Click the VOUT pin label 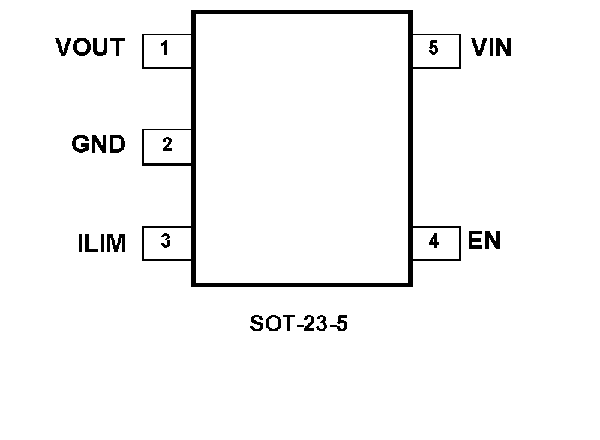pyautogui.click(x=90, y=47)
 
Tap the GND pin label pyautogui.click(x=98, y=145)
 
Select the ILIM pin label pyautogui.click(x=102, y=245)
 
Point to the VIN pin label pyautogui.click(x=491, y=47)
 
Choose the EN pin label pyautogui.click(x=484, y=240)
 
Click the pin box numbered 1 pyautogui.click(x=167, y=50)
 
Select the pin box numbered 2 pyautogui.click(x=167, y=147)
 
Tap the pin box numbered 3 pyautogui.click(x=167, y=243)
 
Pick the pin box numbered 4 pyautogui.click(x=436, y=243)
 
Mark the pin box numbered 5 pyautogui.click(x=436, y=50)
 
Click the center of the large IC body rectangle pyautogui.click(x=301, y=148)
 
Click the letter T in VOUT pyautogui.click(x=118, y=47)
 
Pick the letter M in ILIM pyautogui.click(x=117, y=245)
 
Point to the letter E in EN pyautogui.click(x=475, y=240)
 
